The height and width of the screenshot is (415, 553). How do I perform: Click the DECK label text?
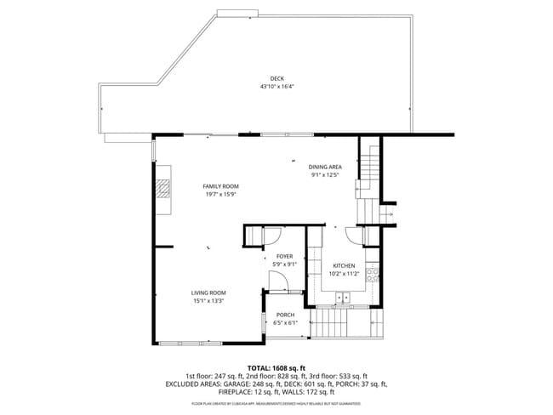pyautogui.click(x=277, y=79)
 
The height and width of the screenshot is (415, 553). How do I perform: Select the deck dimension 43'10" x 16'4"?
pyautogui.click(x=277, y=87)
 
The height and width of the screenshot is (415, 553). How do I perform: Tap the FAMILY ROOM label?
pyautogui.click(x=220, y=186)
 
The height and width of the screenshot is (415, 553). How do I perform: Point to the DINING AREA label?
pyautogui.click(x=324, y=167)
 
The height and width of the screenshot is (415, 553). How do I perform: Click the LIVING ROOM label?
pyautogui.click(x=208, y=293)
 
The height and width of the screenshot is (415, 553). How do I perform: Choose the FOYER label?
pyautogui.click(x=284, y=256)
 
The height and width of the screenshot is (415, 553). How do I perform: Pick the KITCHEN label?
pyautogui.click(x=344, y=266)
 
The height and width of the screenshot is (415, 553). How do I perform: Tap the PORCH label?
pyautogui.click(x=284, y=315)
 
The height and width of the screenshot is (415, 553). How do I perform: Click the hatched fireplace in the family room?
pyautogui.click(x=162, y=197)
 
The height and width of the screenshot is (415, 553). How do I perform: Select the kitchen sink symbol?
pyautogui.click(x=344, y=296)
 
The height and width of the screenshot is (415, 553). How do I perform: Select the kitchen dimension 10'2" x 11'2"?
pyautogui.click(x=344, y=274)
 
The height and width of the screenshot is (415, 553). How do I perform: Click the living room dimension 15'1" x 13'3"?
pyautogui.click(x=208, y=300)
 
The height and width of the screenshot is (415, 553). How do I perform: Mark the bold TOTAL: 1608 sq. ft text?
pyautogui.click(x=276, y=367)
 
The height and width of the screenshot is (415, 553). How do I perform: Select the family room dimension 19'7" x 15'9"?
pyautogui.click(x=220, y=194)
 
